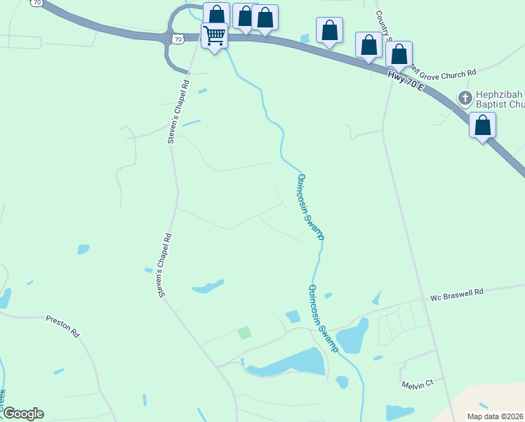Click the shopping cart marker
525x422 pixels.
click(214, 34)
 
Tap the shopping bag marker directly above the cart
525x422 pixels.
click(217, 15)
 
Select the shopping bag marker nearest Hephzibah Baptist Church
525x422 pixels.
click(482, 125)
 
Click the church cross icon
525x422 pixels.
click(464, 98)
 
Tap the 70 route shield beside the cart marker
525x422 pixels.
click(178, 39)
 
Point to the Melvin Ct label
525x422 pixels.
click(418, 384)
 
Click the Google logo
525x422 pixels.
click(23, 414)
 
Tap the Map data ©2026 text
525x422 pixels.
click(495, 416)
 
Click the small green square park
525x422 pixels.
click(244, 333)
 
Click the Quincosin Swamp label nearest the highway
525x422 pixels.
click(311, 207)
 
